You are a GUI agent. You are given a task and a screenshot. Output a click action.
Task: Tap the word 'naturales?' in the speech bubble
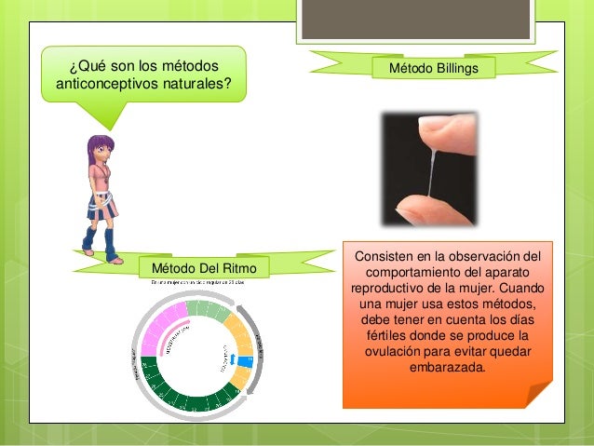[197, 85]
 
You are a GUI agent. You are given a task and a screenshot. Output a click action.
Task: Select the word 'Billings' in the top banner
[456, 69]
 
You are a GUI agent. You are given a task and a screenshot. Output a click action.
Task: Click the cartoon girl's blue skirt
[100, 204]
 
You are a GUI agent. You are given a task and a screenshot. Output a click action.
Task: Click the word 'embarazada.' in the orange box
[447, 368]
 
